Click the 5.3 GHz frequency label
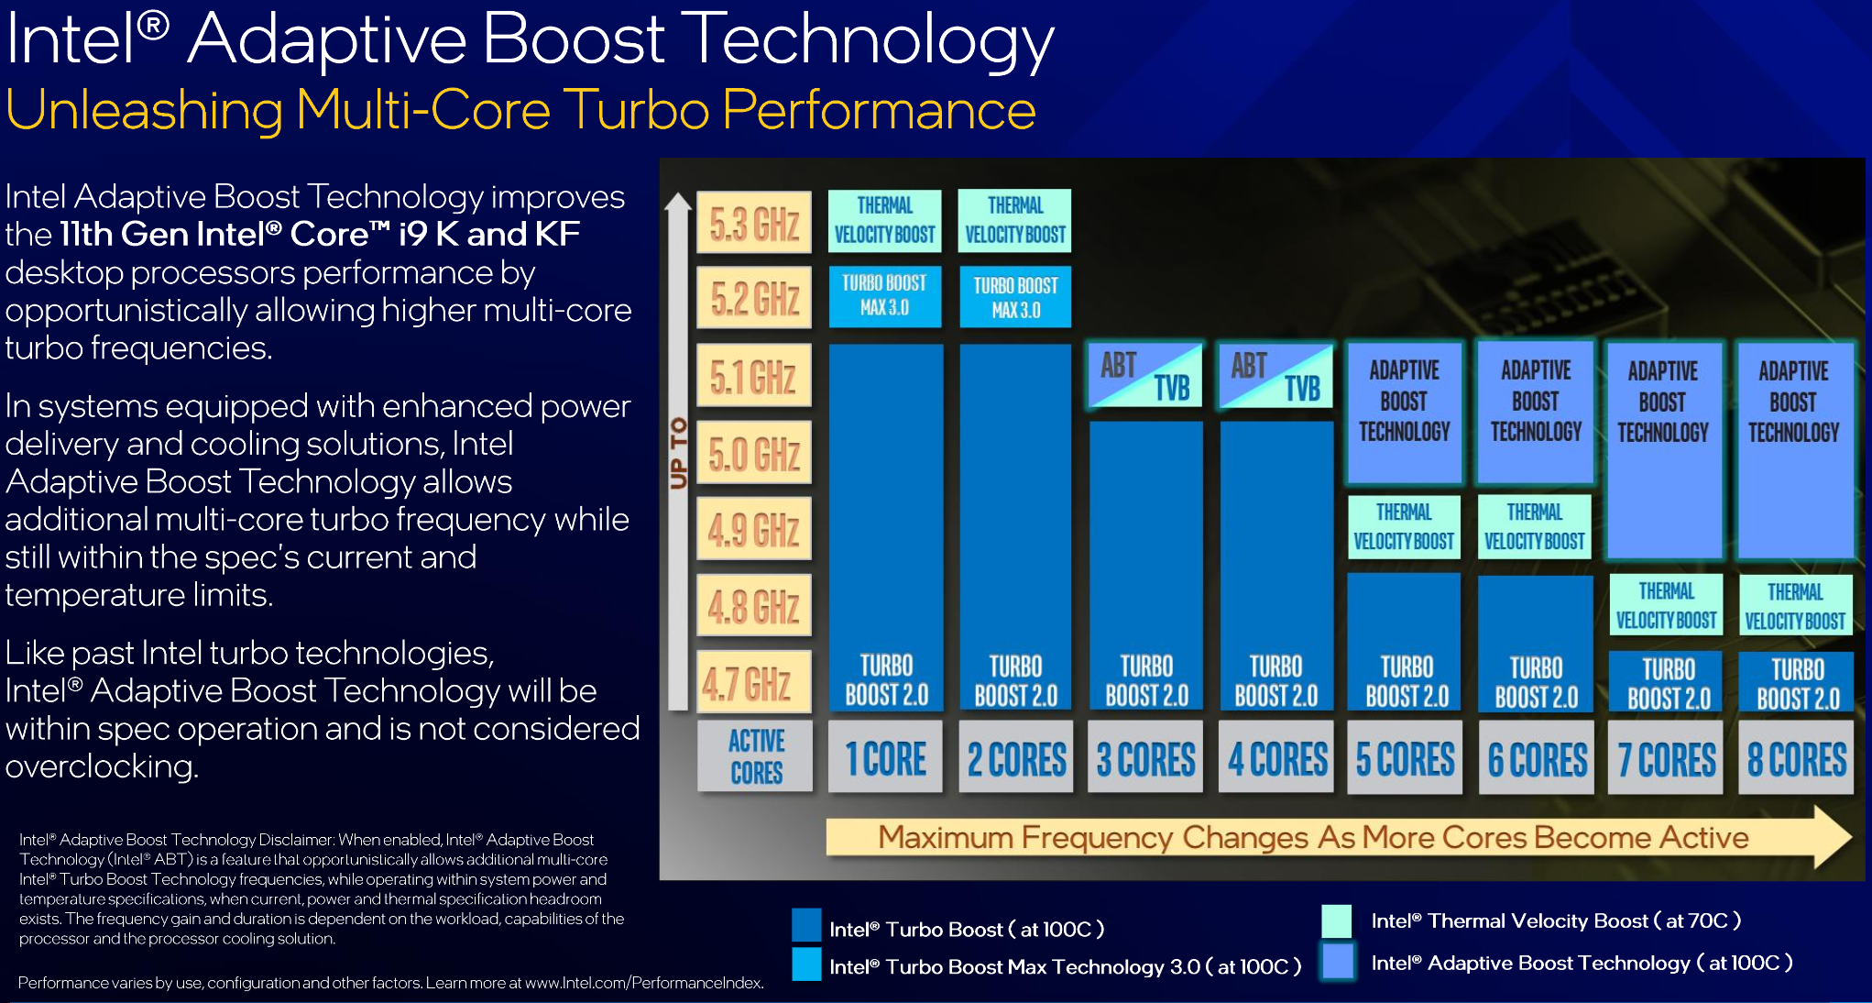pos(754,222)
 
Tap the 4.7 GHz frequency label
pos(754,681)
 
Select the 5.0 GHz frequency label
pos(754,452)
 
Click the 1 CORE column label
pos(885,757)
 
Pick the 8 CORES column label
pos(1796,757)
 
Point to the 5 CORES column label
pos(1405,757)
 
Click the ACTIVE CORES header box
pos(755,756)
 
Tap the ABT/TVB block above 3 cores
pos(1145,376)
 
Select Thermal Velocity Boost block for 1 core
pos(885,220)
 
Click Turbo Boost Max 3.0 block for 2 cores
pos(1015,297)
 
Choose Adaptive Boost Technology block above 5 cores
pos(1405,413)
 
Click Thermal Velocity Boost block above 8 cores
pos(1796,605)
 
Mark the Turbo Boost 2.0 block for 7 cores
pos(1667,681)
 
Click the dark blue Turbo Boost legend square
pos(806,924)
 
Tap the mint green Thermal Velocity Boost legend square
pos(1337,920)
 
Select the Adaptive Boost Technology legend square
pos(1339,963)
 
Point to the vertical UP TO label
pos(678,453)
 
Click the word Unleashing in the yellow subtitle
pos(144,110)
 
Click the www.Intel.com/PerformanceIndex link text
pos(643,983)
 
